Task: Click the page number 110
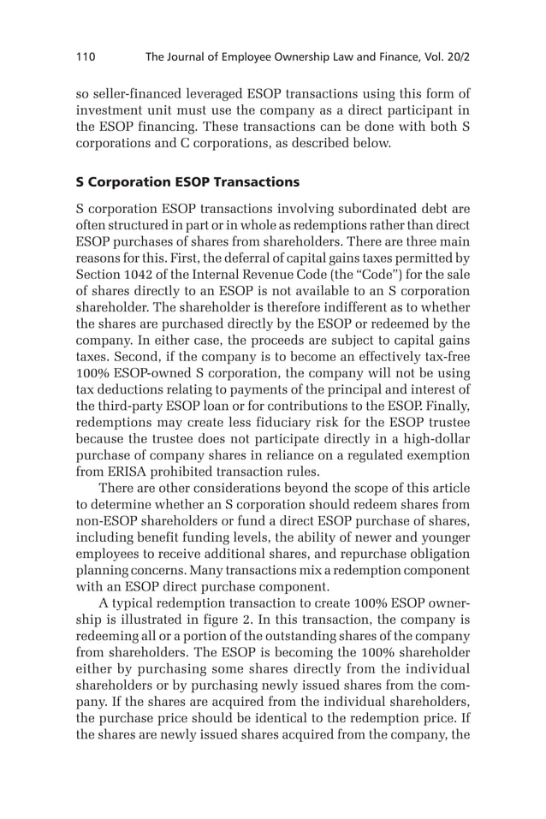[x=86, y=57]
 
